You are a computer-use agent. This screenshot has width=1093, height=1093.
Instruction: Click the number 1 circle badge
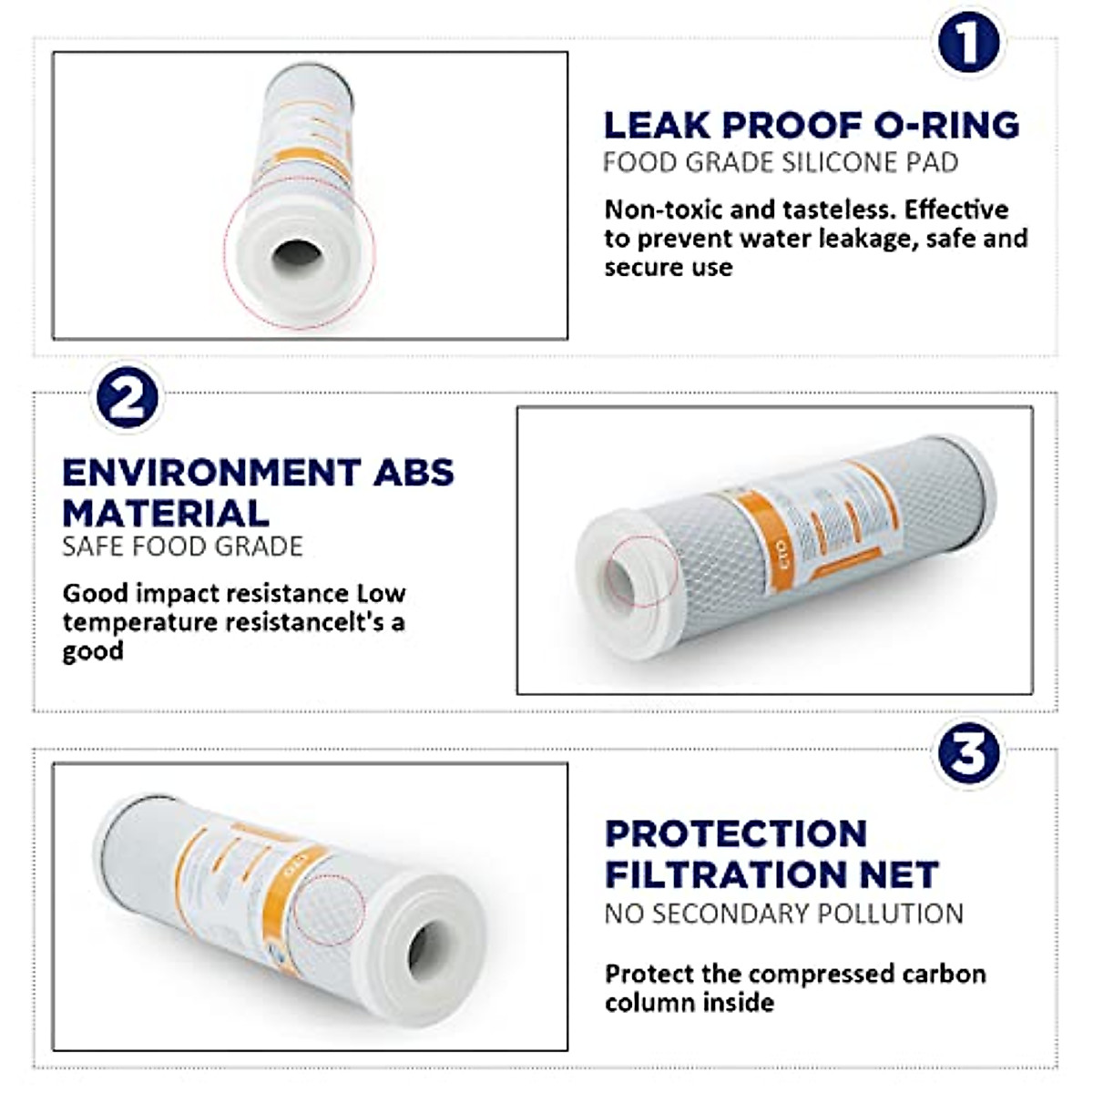[967, 43]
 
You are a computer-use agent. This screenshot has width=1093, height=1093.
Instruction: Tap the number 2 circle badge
[128, 398]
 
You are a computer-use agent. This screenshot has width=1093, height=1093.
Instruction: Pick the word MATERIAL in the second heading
[166, 514]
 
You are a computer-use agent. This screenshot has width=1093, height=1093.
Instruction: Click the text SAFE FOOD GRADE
[182, 546]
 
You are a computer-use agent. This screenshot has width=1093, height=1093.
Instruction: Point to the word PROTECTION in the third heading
[736, 834]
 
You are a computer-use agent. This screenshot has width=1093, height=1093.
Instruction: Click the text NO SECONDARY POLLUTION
[783, 914]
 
